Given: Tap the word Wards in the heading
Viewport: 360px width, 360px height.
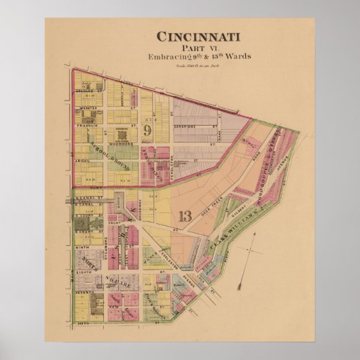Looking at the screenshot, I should [x=236, y=56].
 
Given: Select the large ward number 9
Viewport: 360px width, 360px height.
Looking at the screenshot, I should [x=147, y=129].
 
